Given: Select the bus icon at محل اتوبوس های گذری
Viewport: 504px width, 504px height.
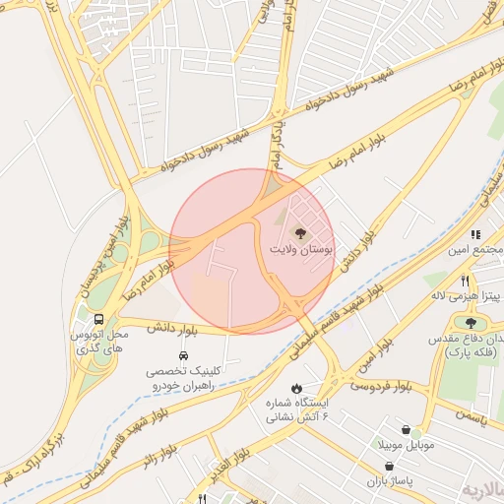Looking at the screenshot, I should (99, 319).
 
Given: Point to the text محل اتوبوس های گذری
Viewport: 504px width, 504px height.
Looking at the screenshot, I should (98, 343).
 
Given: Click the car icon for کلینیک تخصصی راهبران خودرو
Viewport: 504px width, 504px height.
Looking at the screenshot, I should (183, 354).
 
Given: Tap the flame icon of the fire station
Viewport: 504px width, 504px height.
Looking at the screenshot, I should (297, 388).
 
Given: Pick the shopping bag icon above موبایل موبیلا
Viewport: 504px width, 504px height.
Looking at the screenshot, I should (407, 429).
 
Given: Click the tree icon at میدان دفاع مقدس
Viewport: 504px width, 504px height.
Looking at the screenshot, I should (471, 321).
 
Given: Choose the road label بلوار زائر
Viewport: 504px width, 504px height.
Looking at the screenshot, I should (157, 459).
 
